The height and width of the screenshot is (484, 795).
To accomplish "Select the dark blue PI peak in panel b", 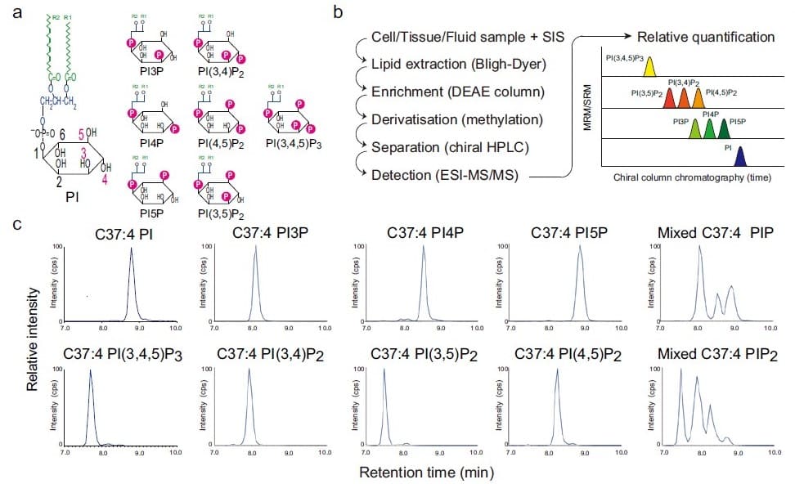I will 740,157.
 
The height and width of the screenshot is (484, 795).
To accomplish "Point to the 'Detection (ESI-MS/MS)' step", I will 446,174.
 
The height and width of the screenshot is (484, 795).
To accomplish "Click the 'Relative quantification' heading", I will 705,37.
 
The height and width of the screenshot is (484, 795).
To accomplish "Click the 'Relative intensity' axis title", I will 34,337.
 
